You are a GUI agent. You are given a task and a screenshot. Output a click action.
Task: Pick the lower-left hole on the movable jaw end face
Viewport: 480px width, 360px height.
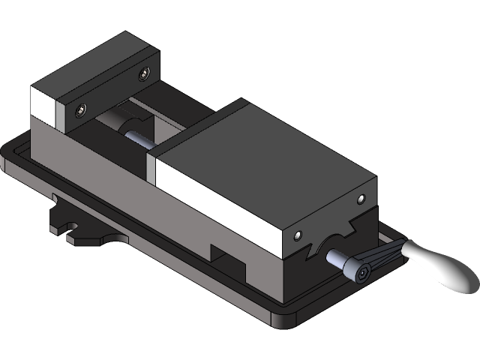point(298,236)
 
